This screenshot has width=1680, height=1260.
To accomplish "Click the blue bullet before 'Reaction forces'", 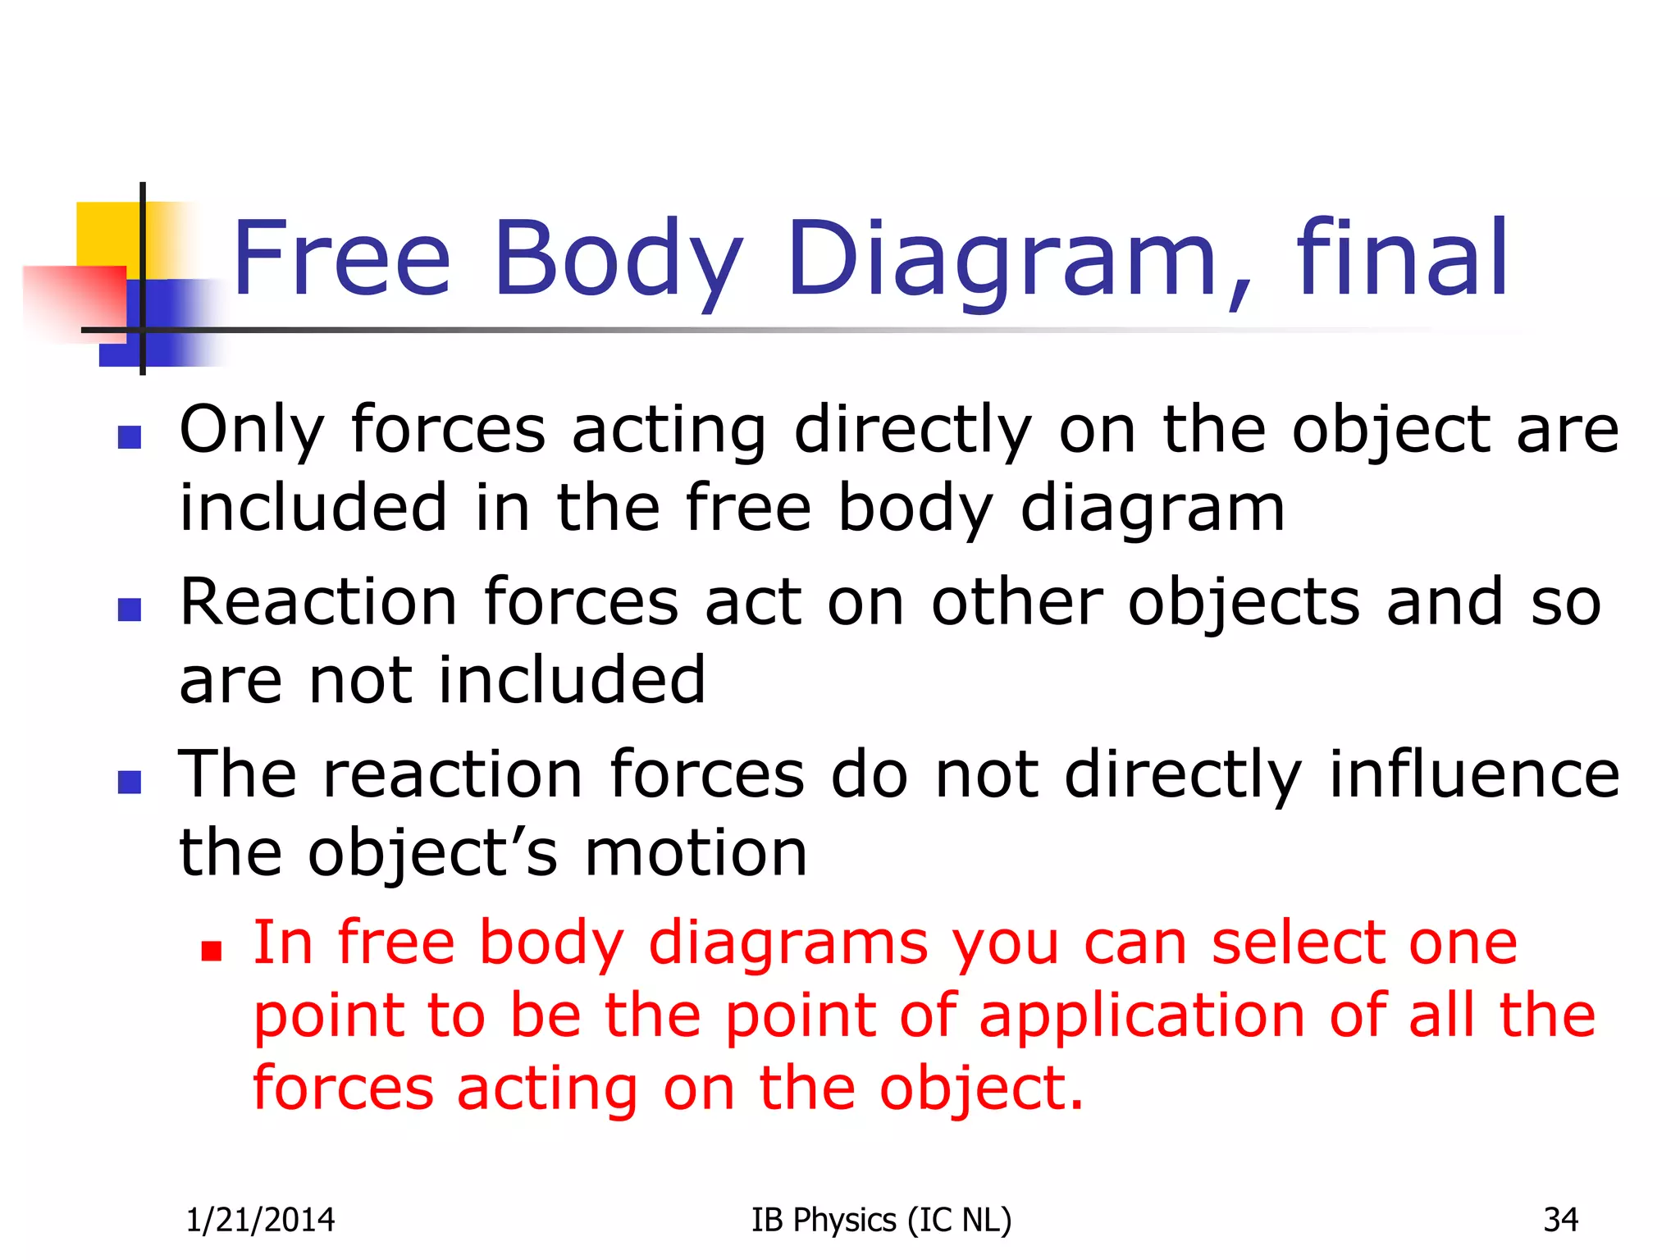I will [x=130, y=609].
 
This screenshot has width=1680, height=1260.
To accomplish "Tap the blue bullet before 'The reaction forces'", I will [x=130, y=782].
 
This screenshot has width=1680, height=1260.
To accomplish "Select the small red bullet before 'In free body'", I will [x=212, y=951].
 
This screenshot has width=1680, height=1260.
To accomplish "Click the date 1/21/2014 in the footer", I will [x=260, y=1221].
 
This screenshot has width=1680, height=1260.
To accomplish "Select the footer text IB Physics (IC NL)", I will [x=881, y=1221].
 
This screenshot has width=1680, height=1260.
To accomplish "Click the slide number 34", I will [x=1560, y=1221].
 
